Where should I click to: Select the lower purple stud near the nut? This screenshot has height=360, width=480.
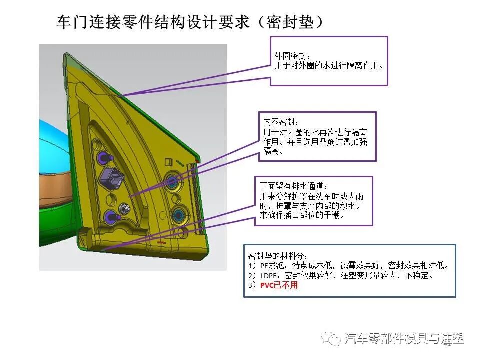tap(109, 216)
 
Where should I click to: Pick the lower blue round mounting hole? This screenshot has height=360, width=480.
tap(177, 215)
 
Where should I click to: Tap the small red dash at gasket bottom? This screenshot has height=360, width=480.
tap(161, 241)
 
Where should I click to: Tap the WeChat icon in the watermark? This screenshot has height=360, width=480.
tap(330, 338)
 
